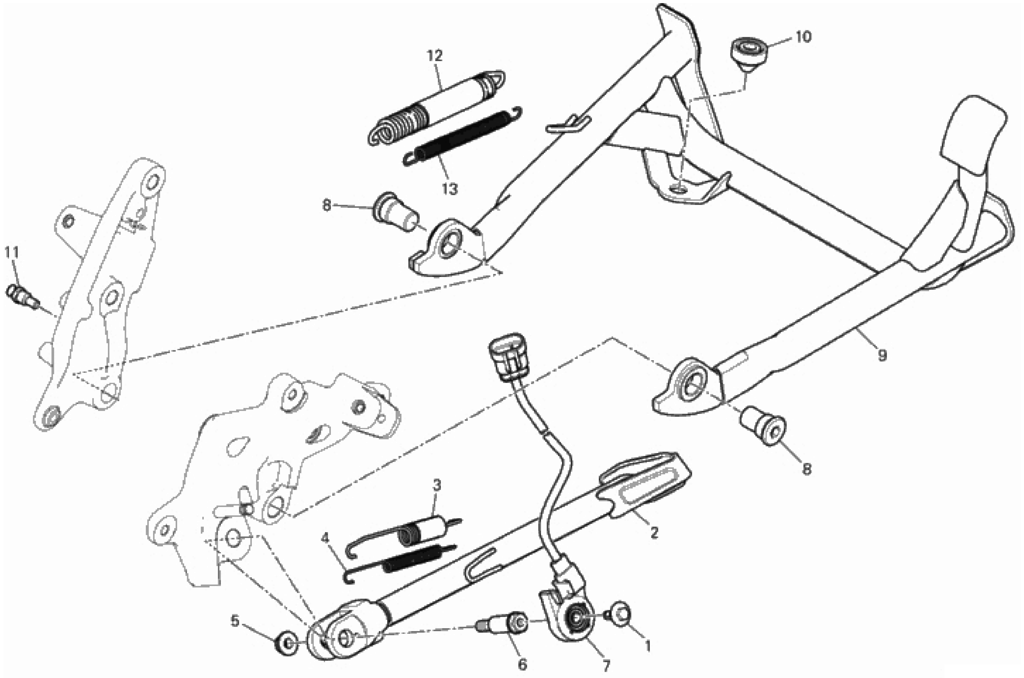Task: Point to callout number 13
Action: (x=450, y=189)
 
